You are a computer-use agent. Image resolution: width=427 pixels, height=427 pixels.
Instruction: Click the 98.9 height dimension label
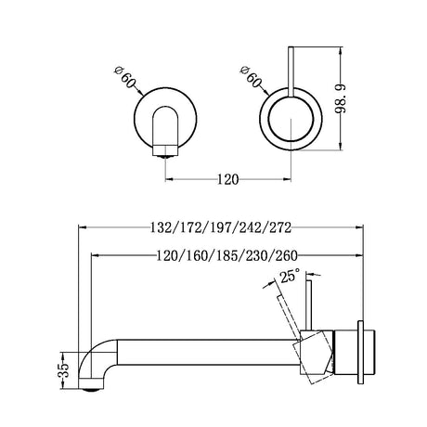tap(341, 98)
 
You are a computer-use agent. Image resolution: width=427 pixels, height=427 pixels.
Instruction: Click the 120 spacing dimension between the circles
tap(227, 179)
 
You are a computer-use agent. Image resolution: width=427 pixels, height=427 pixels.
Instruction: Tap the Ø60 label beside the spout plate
tap(125, 77)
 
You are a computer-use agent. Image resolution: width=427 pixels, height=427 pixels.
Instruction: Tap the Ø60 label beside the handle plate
tap(251, 77)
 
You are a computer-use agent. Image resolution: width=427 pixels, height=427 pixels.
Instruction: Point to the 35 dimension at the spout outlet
tap(63, 370)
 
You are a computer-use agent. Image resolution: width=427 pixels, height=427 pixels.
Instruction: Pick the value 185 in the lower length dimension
tap(226, 256)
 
